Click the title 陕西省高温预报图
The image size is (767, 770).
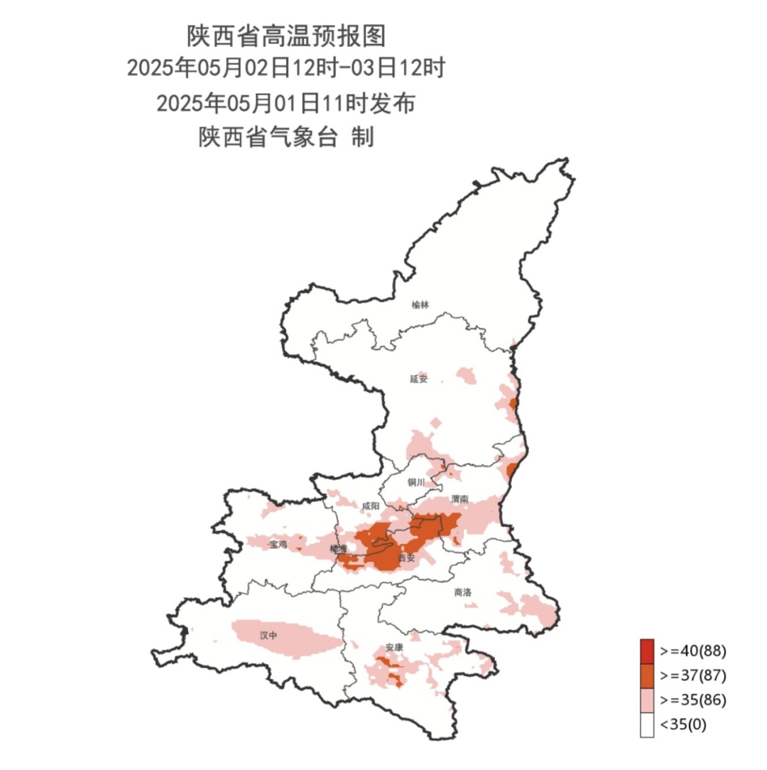tap(285, 35)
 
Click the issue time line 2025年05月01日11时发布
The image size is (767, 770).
tap(285, 104)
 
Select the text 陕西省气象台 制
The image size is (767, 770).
tap(285, 137)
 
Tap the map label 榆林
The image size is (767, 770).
tap(420, 305)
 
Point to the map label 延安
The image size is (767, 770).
tap(419, 379)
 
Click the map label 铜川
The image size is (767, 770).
tap(416, 483)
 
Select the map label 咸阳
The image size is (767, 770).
tap(371, 506)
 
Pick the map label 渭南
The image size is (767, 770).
tap(459, 500)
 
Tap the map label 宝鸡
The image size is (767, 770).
tap(278, 545)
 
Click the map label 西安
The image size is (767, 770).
tap(406, 558)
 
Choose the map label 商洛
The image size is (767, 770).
tap(462, 592)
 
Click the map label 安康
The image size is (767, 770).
tap(394, 648)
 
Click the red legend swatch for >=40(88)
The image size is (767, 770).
tap(646, 651)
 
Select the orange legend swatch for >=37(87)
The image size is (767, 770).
tap(646, 675)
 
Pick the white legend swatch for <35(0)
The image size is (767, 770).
tap(646, 725)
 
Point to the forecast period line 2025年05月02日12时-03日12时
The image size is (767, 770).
tap(285, 69)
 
